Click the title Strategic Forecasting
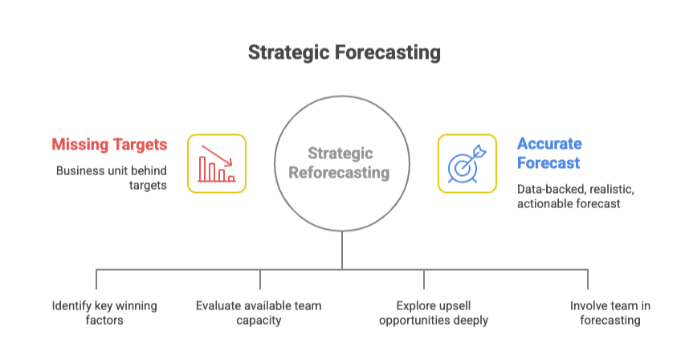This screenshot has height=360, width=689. [x=344, y=52]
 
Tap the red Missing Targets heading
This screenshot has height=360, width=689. [x=109, y=145]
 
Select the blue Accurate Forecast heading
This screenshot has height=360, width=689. [x=549, y=153]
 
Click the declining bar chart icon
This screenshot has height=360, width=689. [x=217, y=163]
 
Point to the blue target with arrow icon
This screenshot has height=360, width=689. [x=467, y=163]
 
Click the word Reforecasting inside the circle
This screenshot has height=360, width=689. [x=339, y=173]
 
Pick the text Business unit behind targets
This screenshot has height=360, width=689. [x=111, y=178]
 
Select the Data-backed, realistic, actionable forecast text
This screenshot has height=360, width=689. [x=575, y=196]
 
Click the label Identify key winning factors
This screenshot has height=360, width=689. [x=104, y=313]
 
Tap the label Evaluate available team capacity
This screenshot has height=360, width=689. [x=259, y=313]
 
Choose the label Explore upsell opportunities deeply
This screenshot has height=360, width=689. [x=434, y=313]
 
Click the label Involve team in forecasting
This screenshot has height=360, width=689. [x=610, y=313]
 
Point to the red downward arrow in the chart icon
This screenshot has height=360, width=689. [x=217, y=156]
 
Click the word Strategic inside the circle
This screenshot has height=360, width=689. [x=340, y=153]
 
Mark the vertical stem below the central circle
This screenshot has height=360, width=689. [x=342, y=250]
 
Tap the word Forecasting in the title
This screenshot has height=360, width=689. [x=388, y=52]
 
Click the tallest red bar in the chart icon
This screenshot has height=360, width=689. [x=202, y=170]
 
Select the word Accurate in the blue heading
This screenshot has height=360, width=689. [x=549, y=144]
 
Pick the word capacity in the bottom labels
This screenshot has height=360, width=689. [x=259, y=321]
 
